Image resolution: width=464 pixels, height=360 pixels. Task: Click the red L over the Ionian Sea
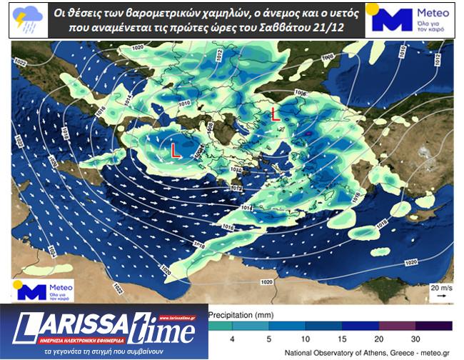175,151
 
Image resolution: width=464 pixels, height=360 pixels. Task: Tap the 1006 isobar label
300,94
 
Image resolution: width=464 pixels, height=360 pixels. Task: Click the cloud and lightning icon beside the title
28,19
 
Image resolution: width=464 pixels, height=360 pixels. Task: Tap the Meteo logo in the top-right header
408,20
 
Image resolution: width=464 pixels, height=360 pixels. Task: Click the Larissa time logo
104,327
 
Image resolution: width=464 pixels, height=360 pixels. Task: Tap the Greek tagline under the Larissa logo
104,352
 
